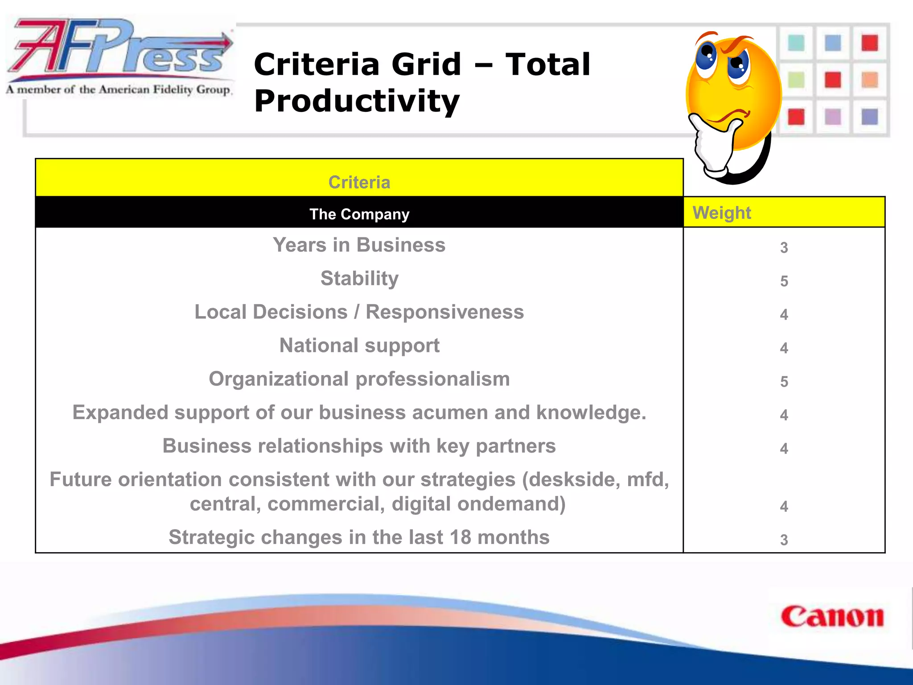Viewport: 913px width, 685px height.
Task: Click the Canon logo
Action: pyautogui.click(x=832, y=617)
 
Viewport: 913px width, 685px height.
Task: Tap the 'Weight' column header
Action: pyautogui.click(x=722, y=213)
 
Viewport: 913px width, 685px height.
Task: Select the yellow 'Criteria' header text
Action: pyautogui.click(x=359, y=182)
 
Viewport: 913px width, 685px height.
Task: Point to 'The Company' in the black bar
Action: pyautogui.click(x=359, y=214)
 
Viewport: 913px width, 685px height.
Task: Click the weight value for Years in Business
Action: pyautogui.click(x=784, y=248)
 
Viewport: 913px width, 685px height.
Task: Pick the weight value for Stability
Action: pyautogui.click(x=784, y=281)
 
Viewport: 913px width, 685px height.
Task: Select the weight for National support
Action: pyautogui.click(x=784, y=348)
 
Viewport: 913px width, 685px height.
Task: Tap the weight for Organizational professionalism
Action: pyautogui.click(x=784, y=381)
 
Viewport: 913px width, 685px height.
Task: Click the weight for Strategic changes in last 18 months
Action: pyautogui.click(x=784, y=540)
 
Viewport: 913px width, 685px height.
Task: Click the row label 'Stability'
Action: pyautogui.click(x=359, y=278)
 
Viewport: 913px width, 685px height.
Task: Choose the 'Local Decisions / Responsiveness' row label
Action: pyautogui.click(x=359, y=312)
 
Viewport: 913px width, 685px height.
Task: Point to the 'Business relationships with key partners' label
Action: pyautogui.click(x=359, y=446)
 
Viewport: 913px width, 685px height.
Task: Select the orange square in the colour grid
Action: pyautogui.click(x=869, y=80)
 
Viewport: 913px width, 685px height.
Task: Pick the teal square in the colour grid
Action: pyautogui.click(x=796, y=43)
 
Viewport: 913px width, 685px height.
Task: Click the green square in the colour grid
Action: pyautogui.click(x=796, y=80)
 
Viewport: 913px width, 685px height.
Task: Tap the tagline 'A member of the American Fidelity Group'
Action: pyautogui.click(x=119, y=90)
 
